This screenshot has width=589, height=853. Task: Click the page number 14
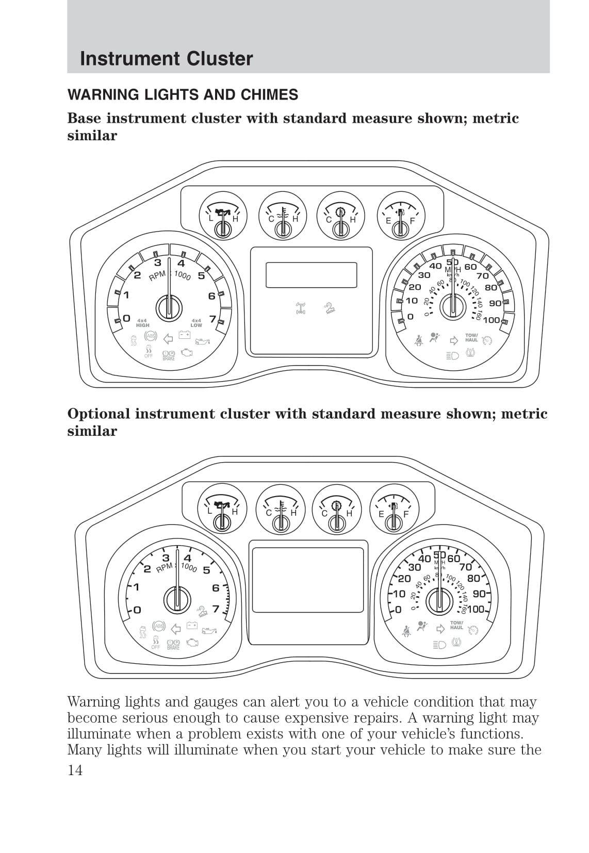(x=75, y=770)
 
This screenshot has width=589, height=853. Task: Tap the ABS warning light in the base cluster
(x=151, y=336)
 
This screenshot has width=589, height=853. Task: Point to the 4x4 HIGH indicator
(x=142, y=323)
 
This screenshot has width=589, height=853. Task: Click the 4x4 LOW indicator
(x=196, y=323)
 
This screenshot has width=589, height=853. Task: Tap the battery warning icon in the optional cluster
(x=192, y=625)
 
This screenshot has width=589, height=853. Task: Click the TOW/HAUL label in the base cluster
(x=471, y=338)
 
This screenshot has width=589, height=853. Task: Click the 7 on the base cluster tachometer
(x=212, y=320)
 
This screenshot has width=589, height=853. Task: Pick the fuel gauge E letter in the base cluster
(x=388, y=221)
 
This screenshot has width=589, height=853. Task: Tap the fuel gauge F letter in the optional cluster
(x=406, y=514)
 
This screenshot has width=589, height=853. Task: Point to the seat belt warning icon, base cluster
(x=419, y=340)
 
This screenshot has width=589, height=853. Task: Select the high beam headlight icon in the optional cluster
(x=439, y=645)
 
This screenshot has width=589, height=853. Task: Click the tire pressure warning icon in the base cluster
(x=470, y=353)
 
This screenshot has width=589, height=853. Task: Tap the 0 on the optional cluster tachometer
(x=137, y=610)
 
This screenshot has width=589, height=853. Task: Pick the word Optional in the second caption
(x=99, y=414)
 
